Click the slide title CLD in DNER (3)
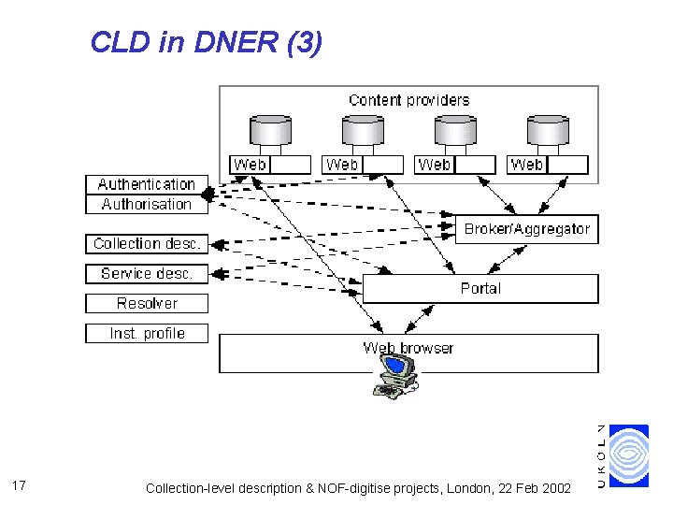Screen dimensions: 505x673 point(207,42)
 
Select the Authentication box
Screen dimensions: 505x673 point(147,184)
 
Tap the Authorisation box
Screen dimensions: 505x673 point(147,204)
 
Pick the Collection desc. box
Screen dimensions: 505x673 point(147,243)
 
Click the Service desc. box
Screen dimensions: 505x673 point(147,273)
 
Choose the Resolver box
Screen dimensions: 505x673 point(147,303)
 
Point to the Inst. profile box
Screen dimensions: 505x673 point(147,333)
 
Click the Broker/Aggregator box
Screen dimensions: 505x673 point(527,228)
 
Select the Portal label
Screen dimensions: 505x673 point(480,289)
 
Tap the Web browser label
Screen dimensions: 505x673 point(408,348)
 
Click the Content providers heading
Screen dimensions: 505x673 point(408,100)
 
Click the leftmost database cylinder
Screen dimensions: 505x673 point(270,130)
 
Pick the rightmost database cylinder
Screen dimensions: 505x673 point(548,130)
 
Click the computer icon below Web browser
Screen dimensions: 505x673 point(395,375)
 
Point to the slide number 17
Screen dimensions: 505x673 point(20,485)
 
